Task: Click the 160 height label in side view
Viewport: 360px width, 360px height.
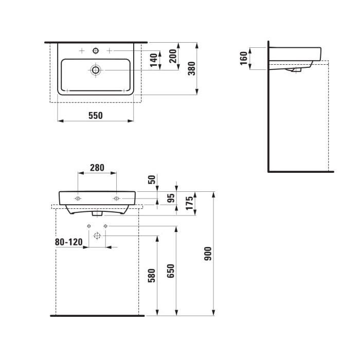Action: [243, 59]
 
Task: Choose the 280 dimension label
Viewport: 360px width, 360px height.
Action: [97, 167]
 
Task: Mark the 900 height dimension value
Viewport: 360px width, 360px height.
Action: [208, 254]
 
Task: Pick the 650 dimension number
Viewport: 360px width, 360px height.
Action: [171, 271]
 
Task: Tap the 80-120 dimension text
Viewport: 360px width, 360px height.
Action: [69, 242]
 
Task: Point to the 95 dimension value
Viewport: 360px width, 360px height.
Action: [172, 199]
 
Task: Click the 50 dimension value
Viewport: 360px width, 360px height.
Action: [151, 179]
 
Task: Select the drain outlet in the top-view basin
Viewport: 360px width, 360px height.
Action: [95, 69]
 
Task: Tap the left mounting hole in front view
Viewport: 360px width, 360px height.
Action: [78, 198]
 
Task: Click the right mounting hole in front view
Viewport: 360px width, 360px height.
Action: [116, 198]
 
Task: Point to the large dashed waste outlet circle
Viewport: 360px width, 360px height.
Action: [97, 236]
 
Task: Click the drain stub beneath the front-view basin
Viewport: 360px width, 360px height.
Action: [97, 213]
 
